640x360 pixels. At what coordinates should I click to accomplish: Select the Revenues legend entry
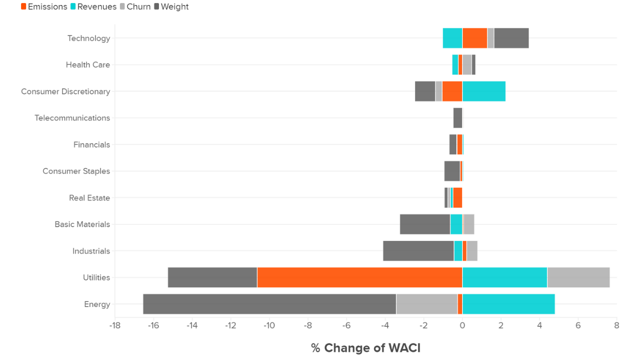(x=93, y=7)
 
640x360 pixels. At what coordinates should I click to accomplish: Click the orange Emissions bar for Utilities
(x=359, y=277)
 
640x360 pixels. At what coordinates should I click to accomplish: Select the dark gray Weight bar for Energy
(x=269, y=304)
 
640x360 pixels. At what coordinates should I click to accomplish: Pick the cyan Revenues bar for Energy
(x=508, y=304)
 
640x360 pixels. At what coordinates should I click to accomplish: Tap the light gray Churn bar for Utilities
(x=578, y=277)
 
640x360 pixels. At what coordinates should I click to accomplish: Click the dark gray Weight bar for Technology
(x=511, y=38)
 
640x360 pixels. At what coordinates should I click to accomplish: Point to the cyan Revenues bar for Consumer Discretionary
(x=484, y=91)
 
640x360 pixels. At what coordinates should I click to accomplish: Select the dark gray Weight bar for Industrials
(x=418, y=251)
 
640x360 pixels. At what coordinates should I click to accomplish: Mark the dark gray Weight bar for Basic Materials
(x=425, y=224)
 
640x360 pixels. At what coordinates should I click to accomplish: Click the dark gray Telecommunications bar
(x=457, y=118)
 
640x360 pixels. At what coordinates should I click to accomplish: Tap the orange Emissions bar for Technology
(x=474, y=38)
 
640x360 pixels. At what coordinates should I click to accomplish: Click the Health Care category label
(x=88, y=65)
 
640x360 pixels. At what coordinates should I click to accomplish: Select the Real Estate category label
(x=89, y=198)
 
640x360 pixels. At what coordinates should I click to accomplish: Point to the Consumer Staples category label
(x=76, y=171)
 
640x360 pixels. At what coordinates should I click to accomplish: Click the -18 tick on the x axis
(x=114, y=326)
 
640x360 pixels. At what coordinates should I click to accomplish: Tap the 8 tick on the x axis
(x=616, y=326)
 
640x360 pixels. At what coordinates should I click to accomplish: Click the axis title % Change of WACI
(x=365, y=348)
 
